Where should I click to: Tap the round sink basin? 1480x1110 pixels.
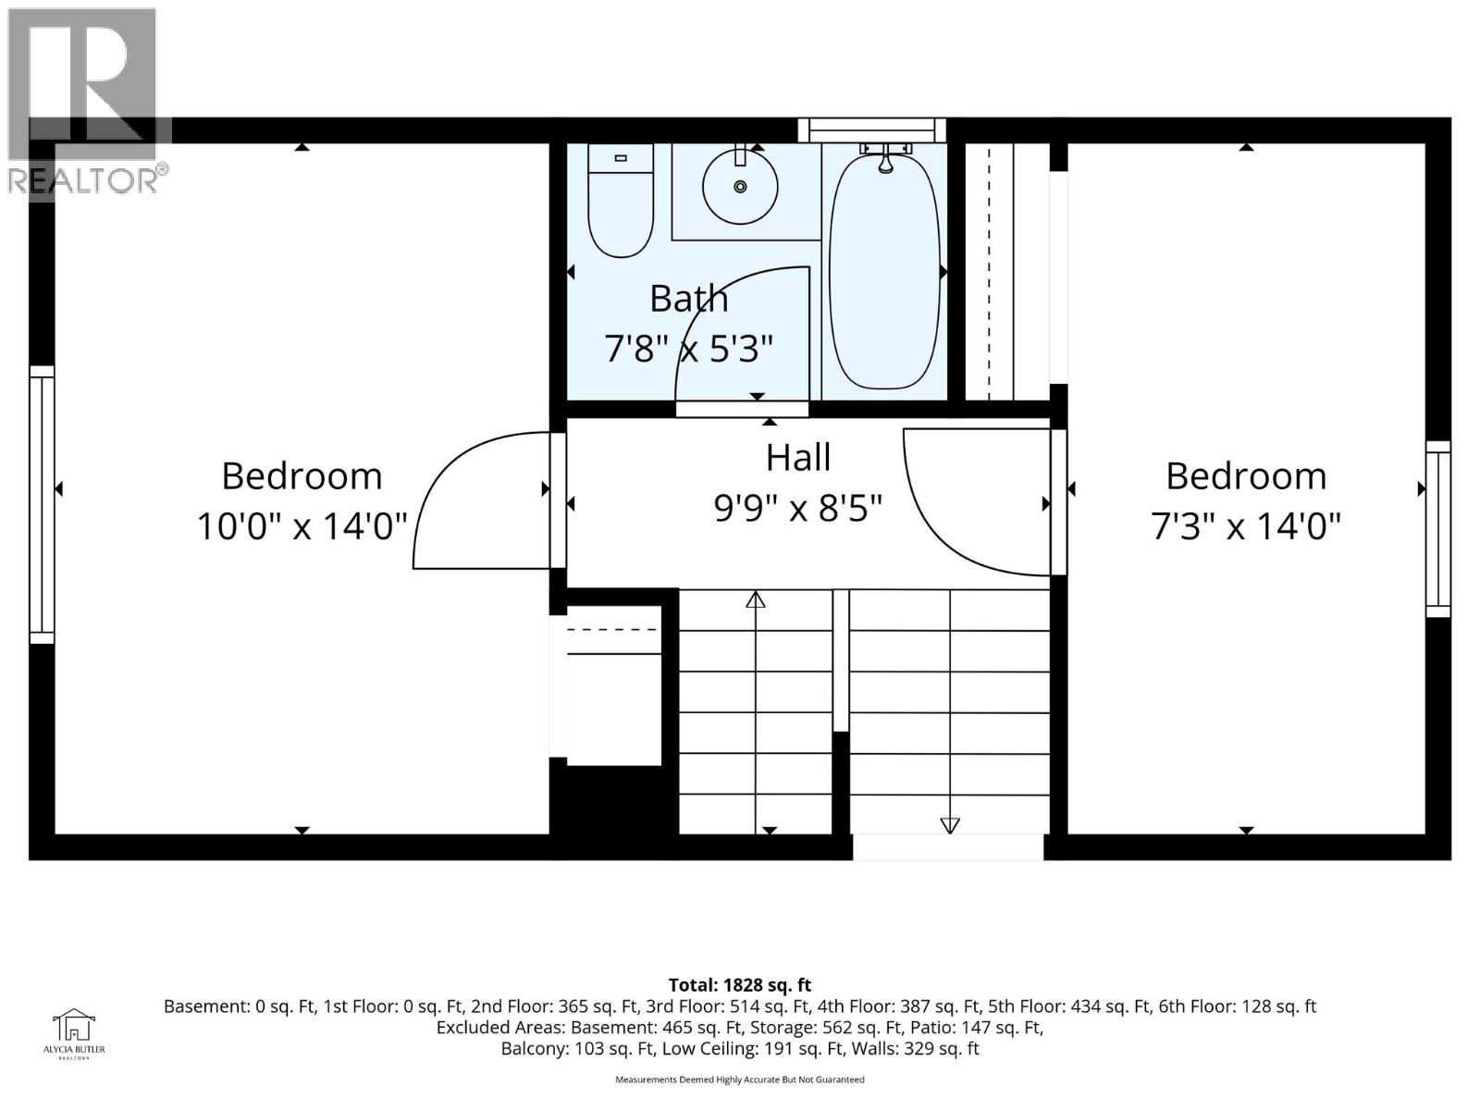click(739, 186)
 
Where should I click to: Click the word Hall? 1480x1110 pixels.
click(797, 458)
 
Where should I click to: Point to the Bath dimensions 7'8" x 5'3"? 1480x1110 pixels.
click(688, 350)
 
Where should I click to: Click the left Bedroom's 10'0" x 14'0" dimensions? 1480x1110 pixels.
click(302, 527)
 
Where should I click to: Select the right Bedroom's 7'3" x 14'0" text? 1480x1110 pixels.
click(1245, 527)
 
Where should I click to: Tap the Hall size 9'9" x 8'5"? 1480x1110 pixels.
click(797, 508)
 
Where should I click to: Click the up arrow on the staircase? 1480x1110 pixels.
click(756, 599)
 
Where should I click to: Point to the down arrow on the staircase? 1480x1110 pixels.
click(950, 825)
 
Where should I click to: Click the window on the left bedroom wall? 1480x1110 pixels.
click(42, 504)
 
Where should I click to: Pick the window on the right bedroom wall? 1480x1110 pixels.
click(1437, 529)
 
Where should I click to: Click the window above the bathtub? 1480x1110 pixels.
click(872, 129)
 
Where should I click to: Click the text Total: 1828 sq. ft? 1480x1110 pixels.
click(739, 985)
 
